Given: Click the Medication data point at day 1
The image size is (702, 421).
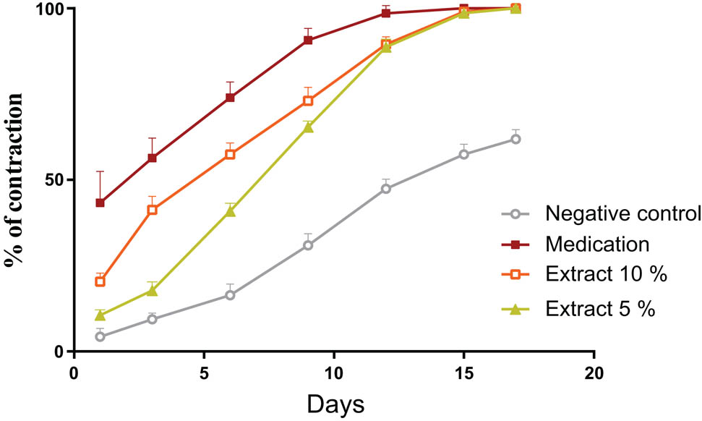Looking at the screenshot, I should (x=100, y=203).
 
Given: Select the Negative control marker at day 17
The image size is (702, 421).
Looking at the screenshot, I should (x=515, y=139).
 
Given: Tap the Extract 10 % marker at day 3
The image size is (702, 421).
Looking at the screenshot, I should (x=152, y=210).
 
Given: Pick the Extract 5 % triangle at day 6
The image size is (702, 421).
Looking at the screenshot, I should (x=230, y=211).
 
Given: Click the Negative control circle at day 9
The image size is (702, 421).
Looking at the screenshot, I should (x=308, y=245).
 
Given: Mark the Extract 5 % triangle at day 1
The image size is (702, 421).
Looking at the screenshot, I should (x=100, y=315).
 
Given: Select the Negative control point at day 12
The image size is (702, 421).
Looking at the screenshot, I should (x=386, y=189).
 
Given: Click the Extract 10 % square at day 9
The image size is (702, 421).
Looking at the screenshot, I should (x=308, y=101).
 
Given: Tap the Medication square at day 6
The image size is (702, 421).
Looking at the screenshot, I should (x=230, y=98).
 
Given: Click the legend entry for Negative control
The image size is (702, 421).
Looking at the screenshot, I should (x=623, y=214).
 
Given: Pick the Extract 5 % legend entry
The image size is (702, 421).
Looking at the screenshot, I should (x=601, y=310).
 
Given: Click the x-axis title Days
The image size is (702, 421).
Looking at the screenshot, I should (x=333, y=403).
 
